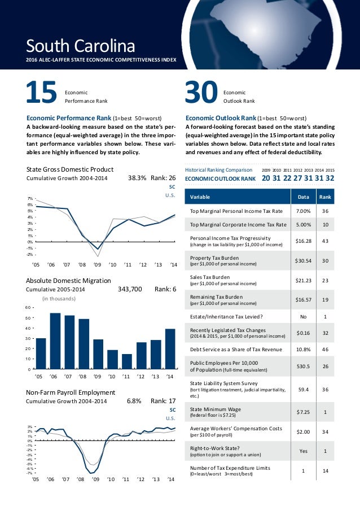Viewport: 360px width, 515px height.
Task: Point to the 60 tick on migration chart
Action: [x=28, y=308]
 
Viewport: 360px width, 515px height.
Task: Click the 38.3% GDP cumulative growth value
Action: [x=137, y=178]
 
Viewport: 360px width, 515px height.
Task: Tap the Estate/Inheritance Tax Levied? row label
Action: [x=227, y=317]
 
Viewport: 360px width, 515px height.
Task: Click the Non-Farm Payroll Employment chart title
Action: [x=71, y=392]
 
